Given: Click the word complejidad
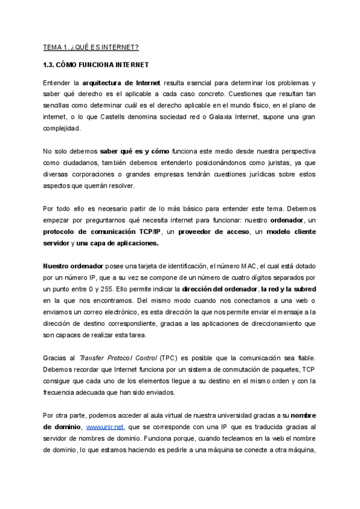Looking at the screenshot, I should tap(62, 128).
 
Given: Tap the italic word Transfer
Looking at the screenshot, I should tap(93, 357).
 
